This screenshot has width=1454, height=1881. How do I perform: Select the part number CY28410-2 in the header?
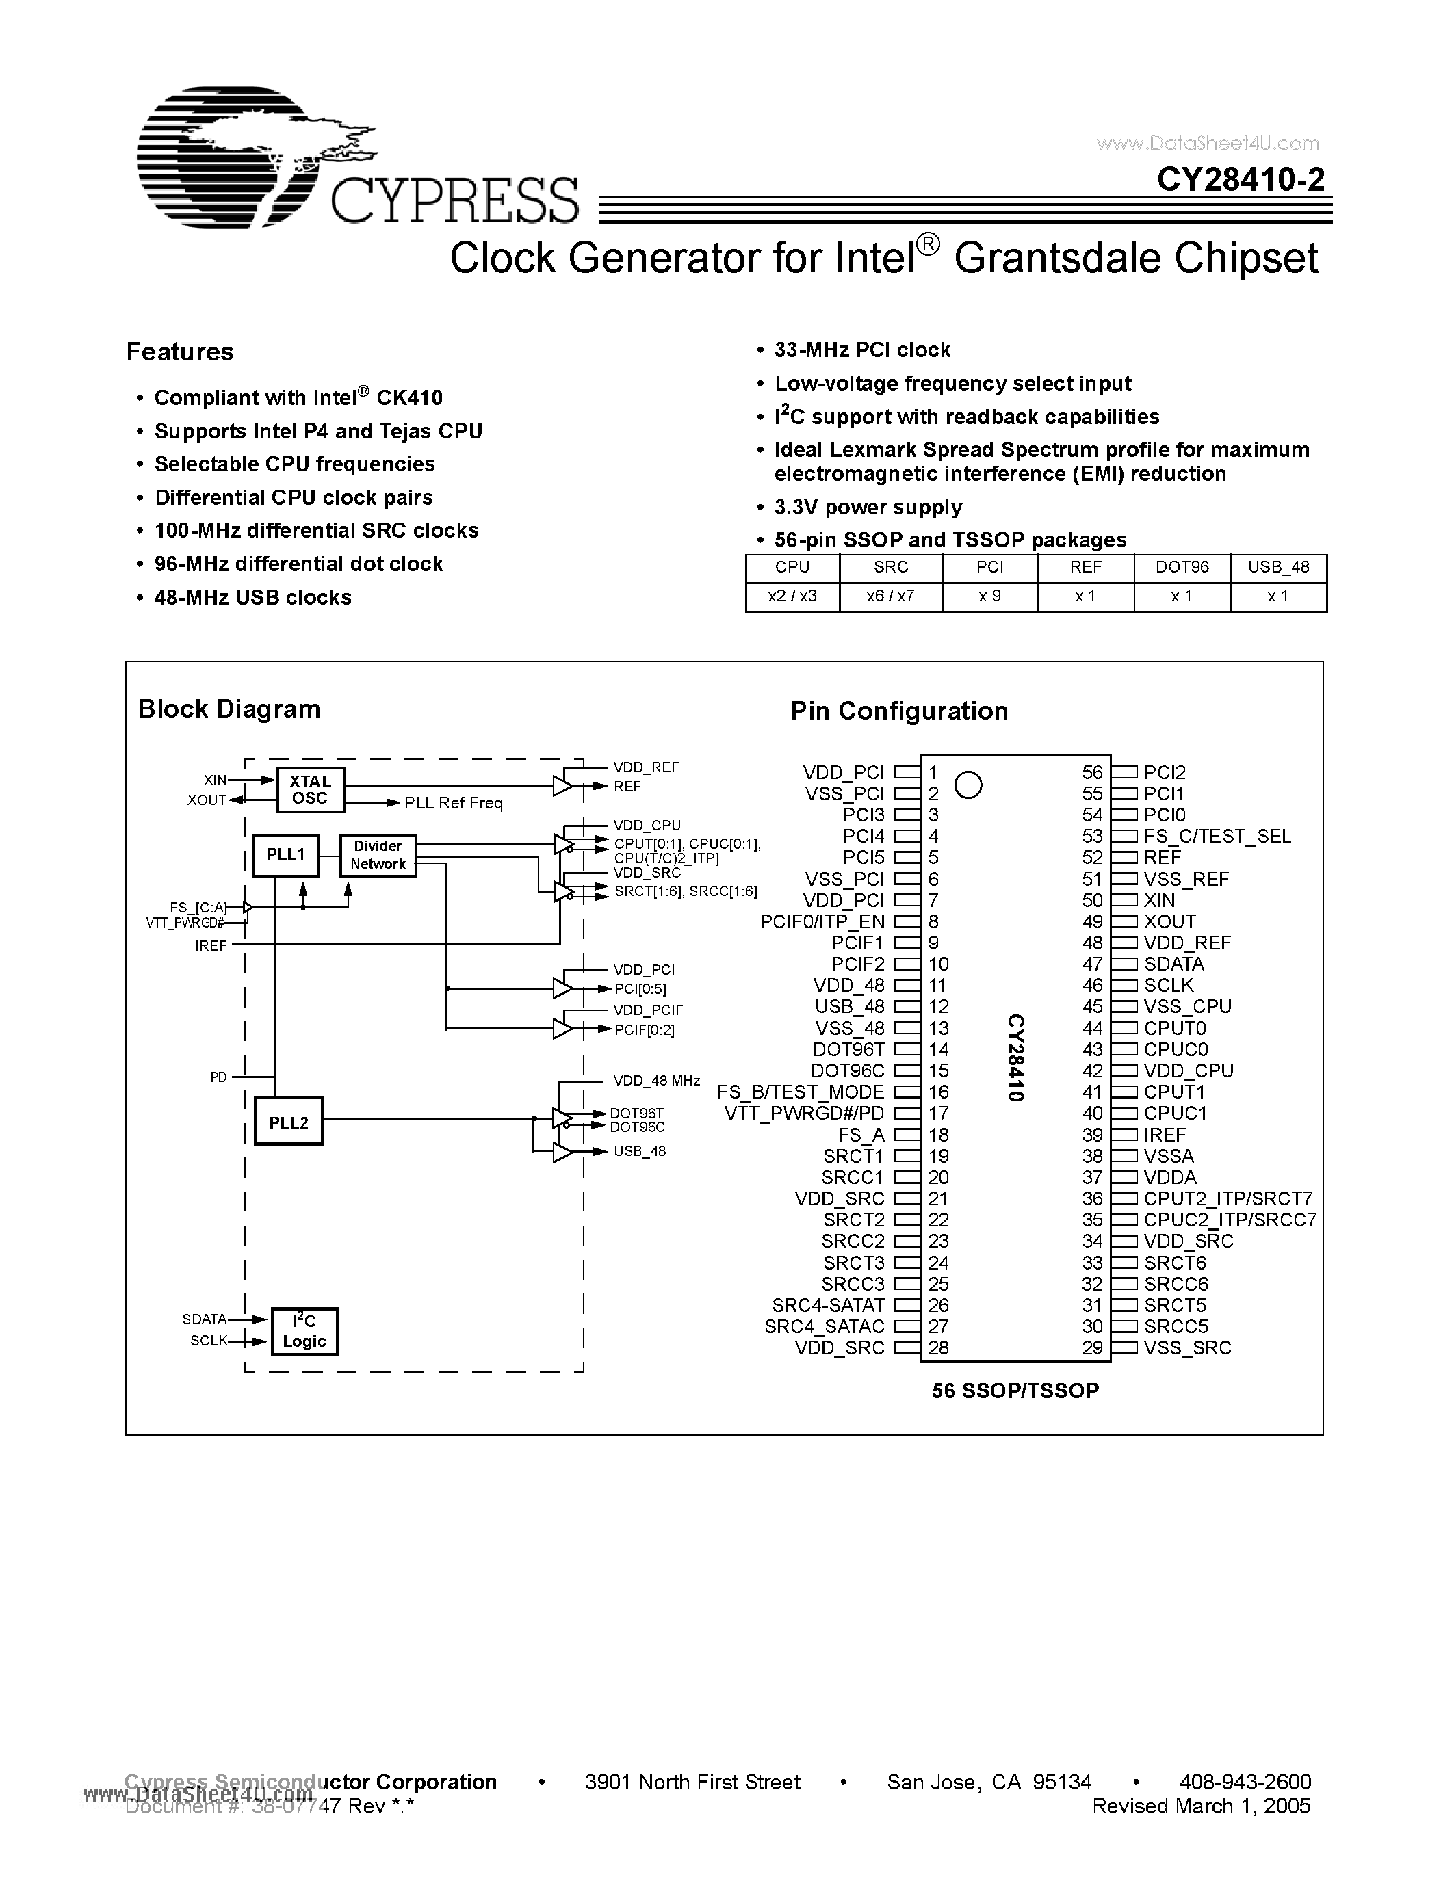pos(1241,179)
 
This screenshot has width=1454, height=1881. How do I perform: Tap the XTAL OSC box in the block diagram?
pos(310,790)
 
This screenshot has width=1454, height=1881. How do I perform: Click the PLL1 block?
pos(286,854)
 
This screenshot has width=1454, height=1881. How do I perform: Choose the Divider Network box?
pos(377,855)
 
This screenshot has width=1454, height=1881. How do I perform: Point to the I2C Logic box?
pos(304,1330)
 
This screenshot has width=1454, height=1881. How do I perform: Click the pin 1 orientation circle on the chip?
pos(968,785)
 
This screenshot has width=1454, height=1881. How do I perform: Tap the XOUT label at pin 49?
pos(1169,921)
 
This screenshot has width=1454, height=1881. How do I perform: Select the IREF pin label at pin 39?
pos(1165,1135)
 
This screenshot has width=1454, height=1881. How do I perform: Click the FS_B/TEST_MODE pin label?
pos(801,1092)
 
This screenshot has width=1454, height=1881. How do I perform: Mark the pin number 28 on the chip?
pos(939,1348)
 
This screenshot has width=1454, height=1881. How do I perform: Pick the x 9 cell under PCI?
pos(989,596)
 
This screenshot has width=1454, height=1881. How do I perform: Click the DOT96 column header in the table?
pos(1182,568)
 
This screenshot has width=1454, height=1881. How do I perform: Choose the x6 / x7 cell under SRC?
pos(891,596)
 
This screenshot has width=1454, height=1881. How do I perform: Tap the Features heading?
pos(180,352)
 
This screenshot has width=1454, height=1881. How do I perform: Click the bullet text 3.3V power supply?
pos(868,508)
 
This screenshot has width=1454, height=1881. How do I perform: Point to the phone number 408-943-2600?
pos(1245,1782)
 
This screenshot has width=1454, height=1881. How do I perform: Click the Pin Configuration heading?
pos(898,711)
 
